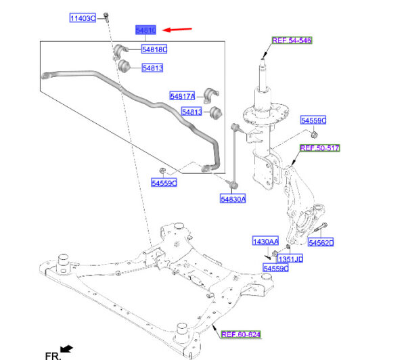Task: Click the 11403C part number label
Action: (83, 18)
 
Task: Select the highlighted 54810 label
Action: (146, 30)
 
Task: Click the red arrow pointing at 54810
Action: (178, 30)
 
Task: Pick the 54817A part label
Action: (182, 96)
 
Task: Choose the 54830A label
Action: (232, 199)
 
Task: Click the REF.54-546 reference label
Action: (292, 41)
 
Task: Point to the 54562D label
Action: (321, 242)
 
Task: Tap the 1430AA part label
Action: (265, 242)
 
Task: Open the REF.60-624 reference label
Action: (240, 334)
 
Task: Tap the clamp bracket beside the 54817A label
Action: (208, 96)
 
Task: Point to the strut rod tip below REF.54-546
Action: (263, 62)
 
